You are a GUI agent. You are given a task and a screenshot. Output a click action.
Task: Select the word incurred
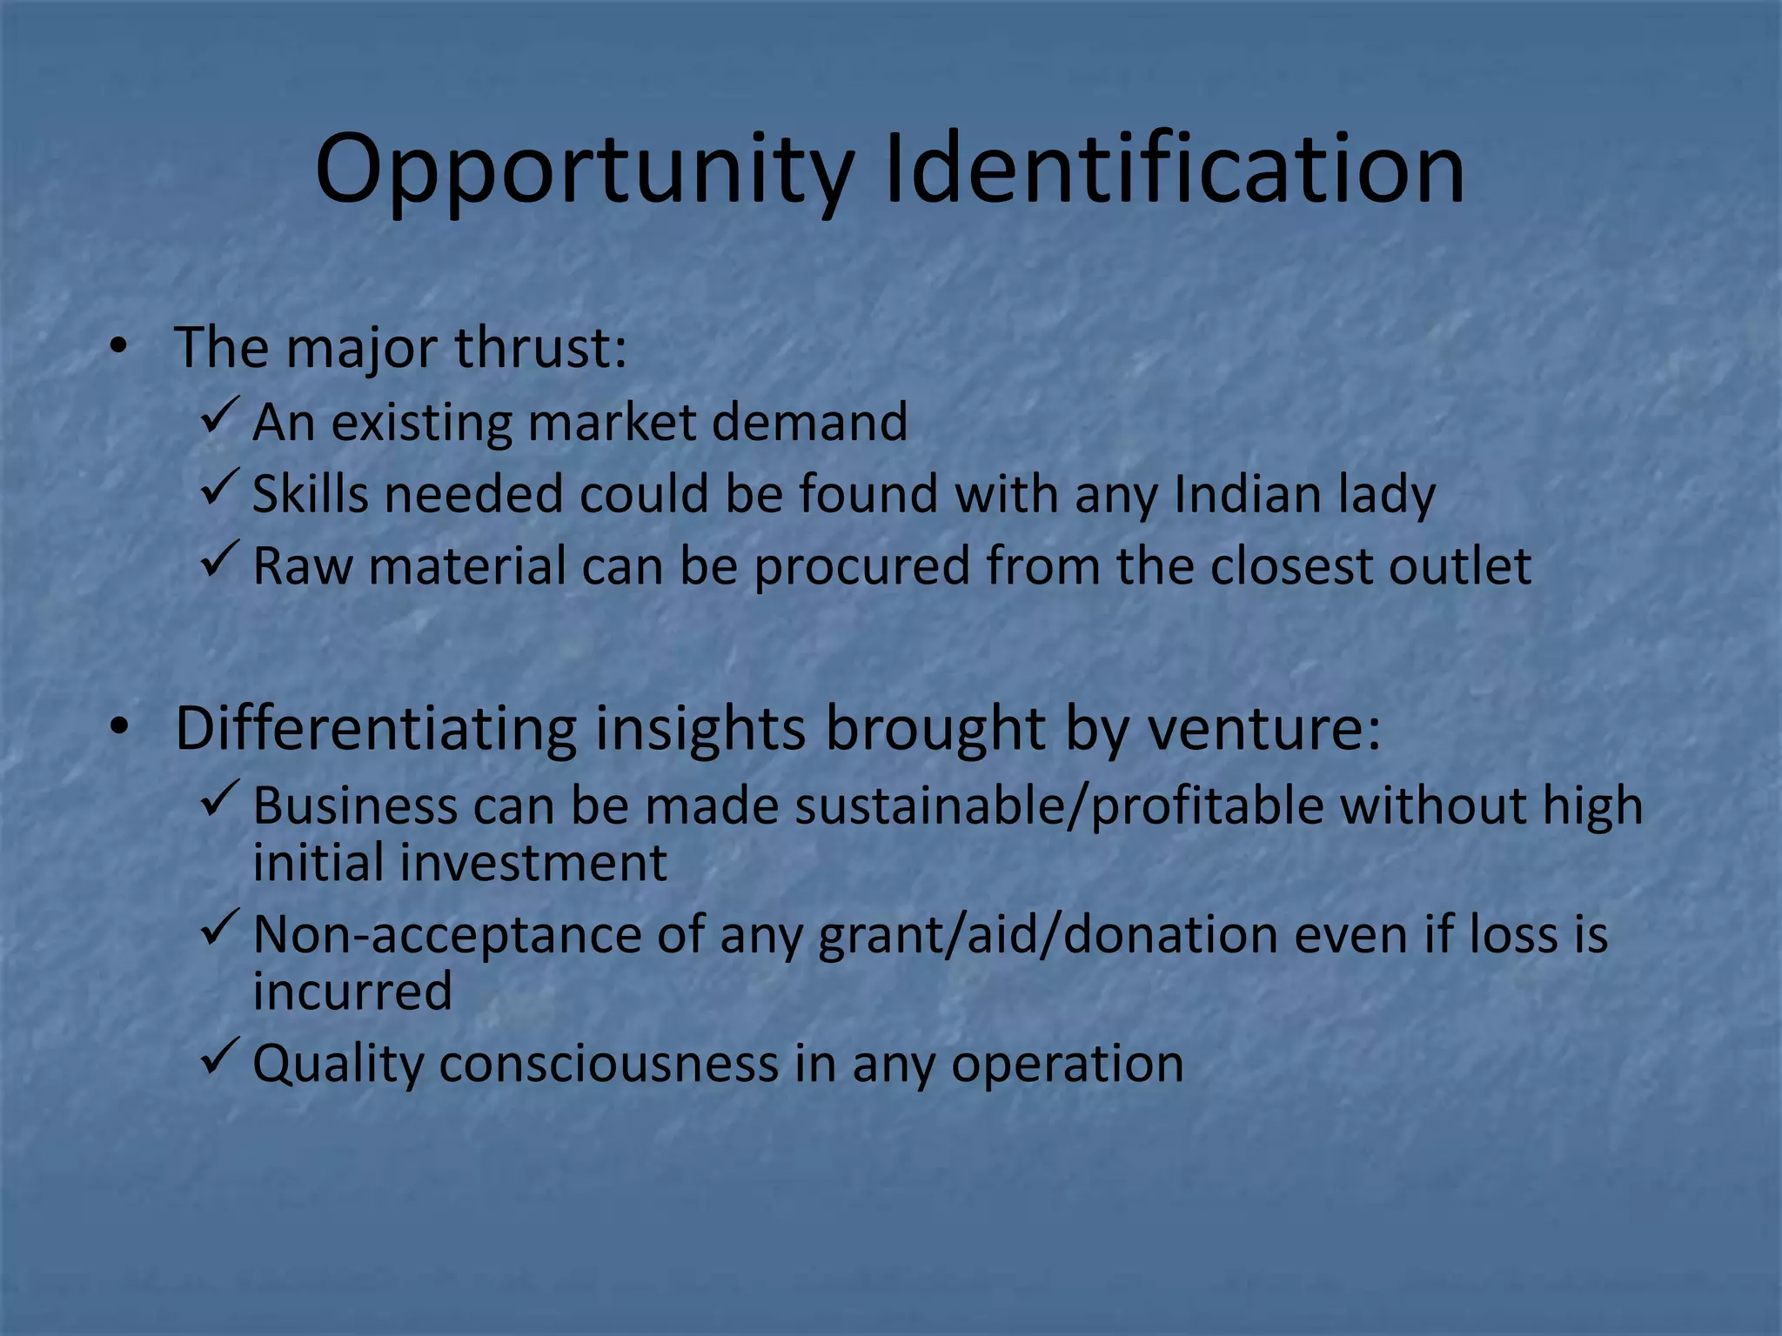click(352, 992)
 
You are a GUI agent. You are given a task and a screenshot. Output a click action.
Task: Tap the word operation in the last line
click(1067, 1065)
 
